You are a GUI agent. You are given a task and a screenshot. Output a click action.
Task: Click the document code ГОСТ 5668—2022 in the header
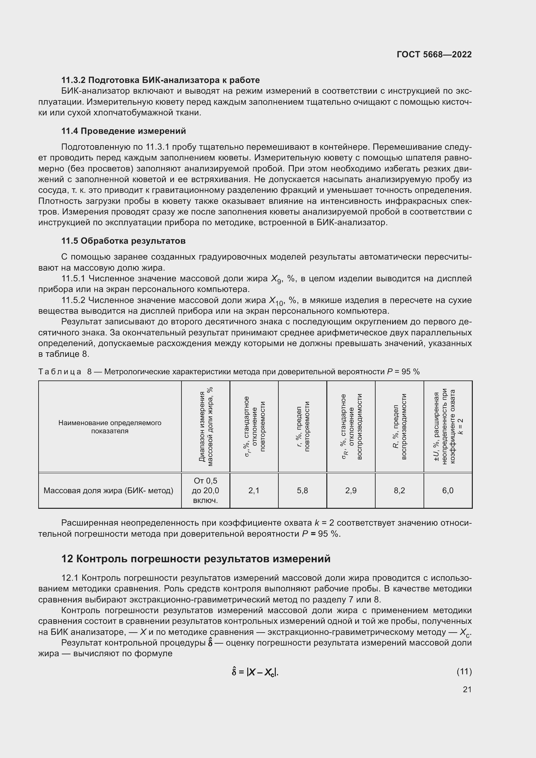click(434, 54)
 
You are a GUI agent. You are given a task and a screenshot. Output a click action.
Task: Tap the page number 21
click(467, 689)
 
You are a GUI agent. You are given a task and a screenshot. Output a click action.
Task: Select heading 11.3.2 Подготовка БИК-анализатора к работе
click(160, 80)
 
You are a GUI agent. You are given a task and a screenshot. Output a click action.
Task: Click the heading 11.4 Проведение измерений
click(123, 131)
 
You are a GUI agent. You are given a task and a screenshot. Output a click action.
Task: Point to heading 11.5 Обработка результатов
click(123, 241)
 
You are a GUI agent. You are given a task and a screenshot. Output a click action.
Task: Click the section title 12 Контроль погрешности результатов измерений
click(196, 559)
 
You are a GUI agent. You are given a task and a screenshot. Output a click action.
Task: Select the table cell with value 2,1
click(254, 491)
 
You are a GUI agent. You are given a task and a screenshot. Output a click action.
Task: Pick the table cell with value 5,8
click(302, 491)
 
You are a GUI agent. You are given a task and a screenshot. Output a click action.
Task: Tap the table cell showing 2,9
click(351, 491)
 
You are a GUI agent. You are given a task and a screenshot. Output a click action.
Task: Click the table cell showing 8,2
click(399, 491)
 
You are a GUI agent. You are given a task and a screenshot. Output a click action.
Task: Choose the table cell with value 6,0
click(448, 491)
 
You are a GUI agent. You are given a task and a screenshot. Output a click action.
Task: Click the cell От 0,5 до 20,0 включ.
click(205, 491)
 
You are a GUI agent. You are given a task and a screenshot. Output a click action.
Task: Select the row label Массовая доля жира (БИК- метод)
click(108, 491)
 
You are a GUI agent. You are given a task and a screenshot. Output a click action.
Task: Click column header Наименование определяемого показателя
click(110, 427)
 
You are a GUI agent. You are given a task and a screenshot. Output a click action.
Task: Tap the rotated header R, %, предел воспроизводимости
click(399, 426)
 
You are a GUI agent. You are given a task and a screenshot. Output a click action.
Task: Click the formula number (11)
click(464, 671)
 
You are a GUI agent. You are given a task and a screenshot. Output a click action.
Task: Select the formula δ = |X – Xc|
click(255, 672)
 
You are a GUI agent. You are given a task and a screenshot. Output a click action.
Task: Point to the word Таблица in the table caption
click(60, 372)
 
